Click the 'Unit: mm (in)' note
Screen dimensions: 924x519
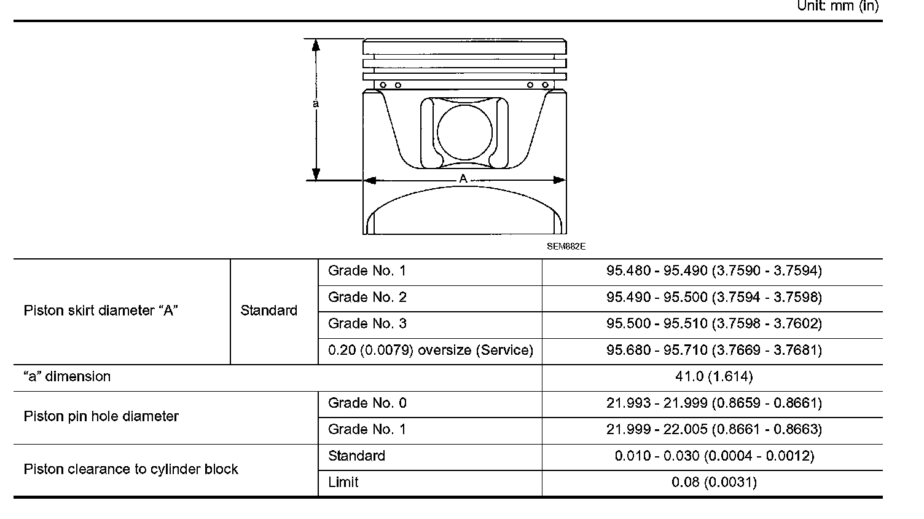pyautogui.click(x=838, y=6)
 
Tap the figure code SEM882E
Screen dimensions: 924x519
pyautogui.click(x=566, y=247)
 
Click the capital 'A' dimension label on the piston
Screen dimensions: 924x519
pyautogui.click(x=463, y=179)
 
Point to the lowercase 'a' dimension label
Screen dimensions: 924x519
pyautogui.click(x=316, y=103)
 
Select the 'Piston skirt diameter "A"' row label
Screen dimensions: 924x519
pyautogui.click(x=101, y=311)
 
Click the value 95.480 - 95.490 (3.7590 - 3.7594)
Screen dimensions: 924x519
pyautogui.click(x=714, y=271)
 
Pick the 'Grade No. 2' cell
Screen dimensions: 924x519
pyautogui.click(x=367, y=297)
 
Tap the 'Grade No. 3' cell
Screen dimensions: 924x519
pyautogui.click(x=367, y=323)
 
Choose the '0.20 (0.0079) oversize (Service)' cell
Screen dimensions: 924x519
pyautogui.click(x=431, y=350)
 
